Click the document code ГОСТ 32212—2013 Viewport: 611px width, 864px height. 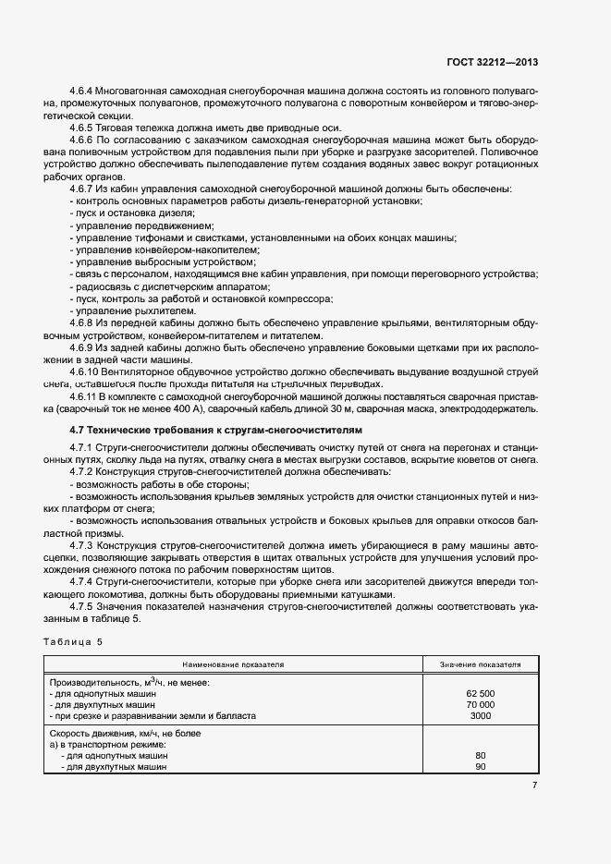(x=493, y=63)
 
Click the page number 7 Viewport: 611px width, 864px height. (x=534, y=785)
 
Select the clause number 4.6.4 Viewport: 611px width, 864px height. (x=84, y=91)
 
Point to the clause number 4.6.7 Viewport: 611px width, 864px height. (x=84, y=189)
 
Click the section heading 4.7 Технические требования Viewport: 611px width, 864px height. (x=216, y=431)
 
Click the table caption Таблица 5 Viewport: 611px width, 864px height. (x=74, y=641)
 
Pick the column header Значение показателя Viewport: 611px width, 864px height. (x=480, y=664)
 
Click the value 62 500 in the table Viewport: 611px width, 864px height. (x=480, y=693)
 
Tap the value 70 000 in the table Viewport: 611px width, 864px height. (x=480, y=704)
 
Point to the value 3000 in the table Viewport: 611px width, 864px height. (x=480, y=715)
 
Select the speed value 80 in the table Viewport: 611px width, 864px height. (x=480, y=756)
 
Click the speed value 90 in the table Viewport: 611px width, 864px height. (x=480, y=767)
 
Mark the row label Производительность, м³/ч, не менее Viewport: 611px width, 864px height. (x=130, y=682)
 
